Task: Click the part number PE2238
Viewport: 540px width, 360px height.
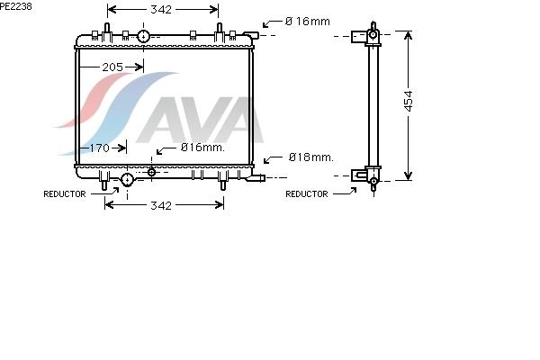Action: [x=16, y=6]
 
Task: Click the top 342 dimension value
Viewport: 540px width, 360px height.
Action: [x=161, y=10]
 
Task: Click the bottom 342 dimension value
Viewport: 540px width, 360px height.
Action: [x=161, y=206]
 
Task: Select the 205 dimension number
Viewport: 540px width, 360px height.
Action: [x=112, y=67]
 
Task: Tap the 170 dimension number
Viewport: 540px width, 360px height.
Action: [x=99, y=148]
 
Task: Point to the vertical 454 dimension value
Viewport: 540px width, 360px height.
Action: [x=408, y=101]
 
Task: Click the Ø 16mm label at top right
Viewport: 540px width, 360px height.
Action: [x=308, y=22]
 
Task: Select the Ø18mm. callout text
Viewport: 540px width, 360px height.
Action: [x=311, y=157]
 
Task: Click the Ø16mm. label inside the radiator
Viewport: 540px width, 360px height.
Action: [x=202, y=148]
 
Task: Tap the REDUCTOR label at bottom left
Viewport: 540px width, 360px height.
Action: [x=65, y=194]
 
